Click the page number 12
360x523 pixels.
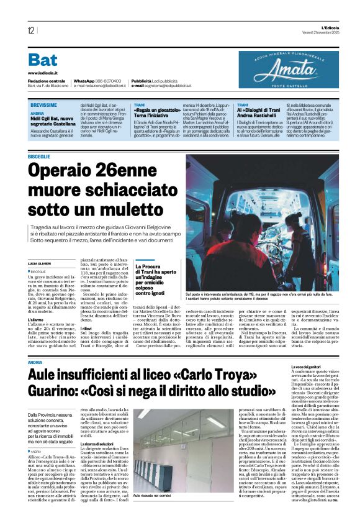click(x=30, y=30)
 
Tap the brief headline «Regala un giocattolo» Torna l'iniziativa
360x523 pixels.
click(x=158, y=114)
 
